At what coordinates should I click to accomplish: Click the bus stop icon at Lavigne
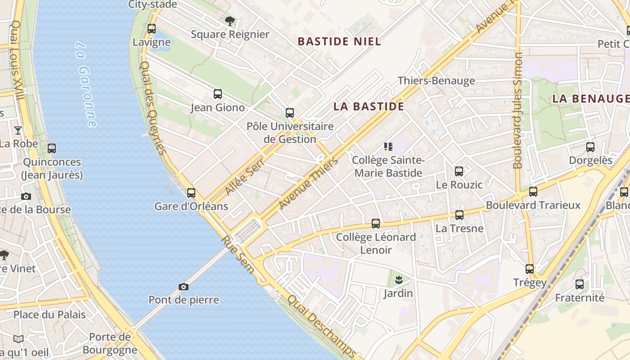click(152, 29)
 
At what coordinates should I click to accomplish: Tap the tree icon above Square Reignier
click(230, 21)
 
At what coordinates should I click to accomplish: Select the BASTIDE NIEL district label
click(339, 41)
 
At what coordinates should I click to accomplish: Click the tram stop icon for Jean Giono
click(218, 94)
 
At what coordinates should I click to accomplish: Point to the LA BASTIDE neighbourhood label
click(369, 106)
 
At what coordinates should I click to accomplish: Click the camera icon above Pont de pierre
click(184, 287)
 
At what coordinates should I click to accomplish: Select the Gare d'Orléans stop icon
click(191, 193)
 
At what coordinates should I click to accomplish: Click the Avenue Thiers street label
click(308, 183)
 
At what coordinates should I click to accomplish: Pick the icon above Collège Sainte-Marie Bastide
click(388, 146)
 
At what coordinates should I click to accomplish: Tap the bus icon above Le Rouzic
click(459, 171)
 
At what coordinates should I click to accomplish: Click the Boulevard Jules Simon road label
click(518, 110)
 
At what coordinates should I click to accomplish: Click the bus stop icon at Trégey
click(530, 269)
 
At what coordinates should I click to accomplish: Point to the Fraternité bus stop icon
click(580, 284)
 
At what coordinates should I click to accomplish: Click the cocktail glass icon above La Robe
click(18, 130)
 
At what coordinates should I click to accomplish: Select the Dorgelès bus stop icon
click(590, 147)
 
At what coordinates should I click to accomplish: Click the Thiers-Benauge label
click(436, 81)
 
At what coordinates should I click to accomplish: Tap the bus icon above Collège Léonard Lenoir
click(376, 224)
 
